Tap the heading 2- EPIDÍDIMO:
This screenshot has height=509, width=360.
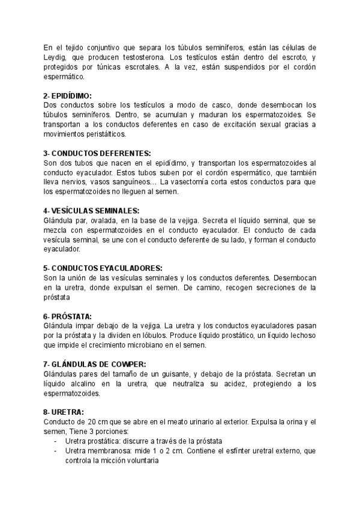(68, 95)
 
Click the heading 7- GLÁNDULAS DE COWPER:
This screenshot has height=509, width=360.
(95, 364)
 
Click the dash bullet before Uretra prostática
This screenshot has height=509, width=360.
(56, 441)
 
